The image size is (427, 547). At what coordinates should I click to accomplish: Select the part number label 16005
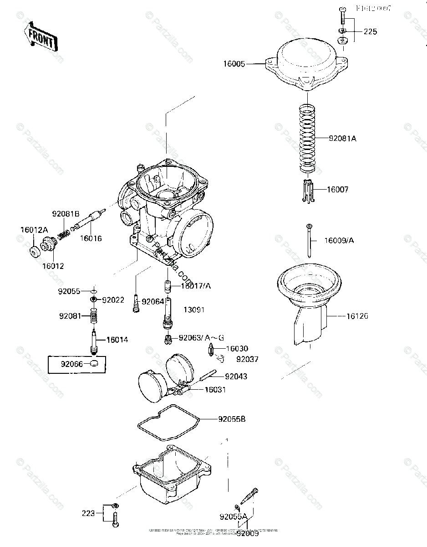click(x=234, y=64)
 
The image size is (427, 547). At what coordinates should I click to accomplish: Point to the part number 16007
click(x=337, y=189)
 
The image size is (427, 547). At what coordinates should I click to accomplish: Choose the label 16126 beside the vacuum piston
click(x=357, y=315)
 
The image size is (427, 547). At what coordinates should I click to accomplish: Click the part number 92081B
click(x=66, y=213)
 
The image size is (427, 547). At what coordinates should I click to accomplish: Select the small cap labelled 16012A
click(x=34, y=251)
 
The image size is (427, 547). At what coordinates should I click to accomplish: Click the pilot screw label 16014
click(x=117, y=340)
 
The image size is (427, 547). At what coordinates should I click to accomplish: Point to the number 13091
click(x=194, y=310)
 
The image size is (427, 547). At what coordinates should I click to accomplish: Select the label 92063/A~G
click(x=201, y=338)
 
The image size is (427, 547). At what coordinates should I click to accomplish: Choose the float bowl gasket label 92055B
click(x=232, y=418)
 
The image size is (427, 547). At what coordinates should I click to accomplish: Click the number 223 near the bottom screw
click(x=88, y=513)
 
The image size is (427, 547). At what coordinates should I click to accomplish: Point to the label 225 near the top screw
click(x=370, y=32)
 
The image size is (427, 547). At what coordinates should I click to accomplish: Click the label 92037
click(x=247, y=359)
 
